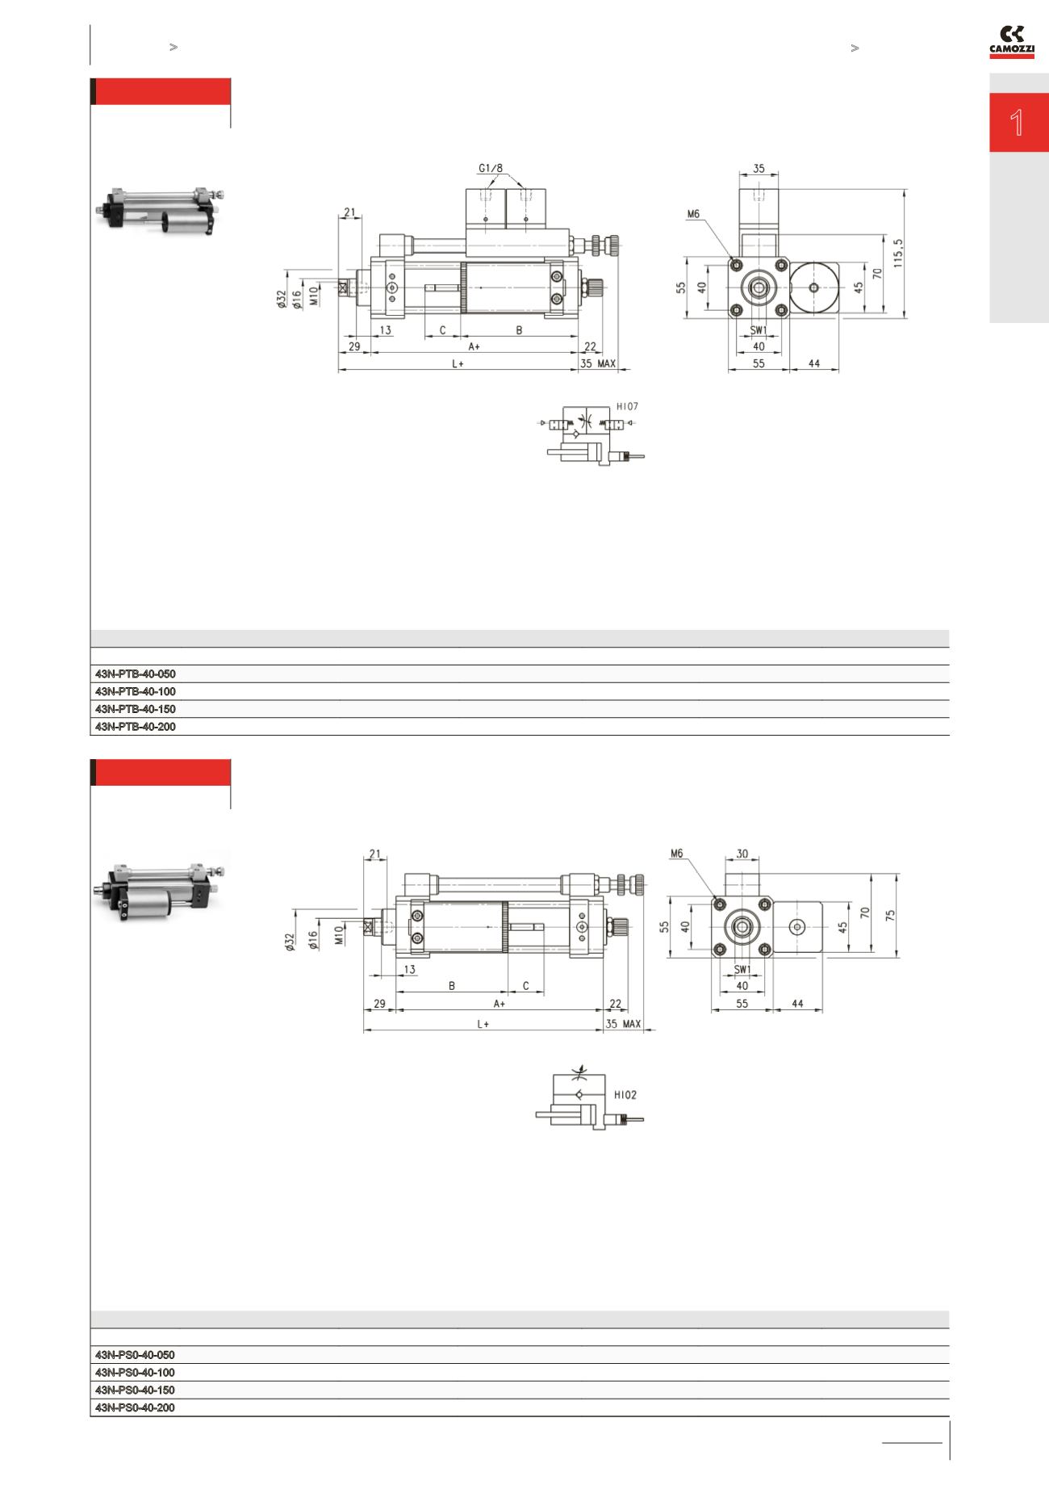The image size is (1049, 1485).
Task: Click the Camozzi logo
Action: (x=1012, y=42)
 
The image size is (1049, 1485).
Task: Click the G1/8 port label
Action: (x=490, y=169)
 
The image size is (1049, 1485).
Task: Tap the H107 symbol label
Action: (x=627, y=407)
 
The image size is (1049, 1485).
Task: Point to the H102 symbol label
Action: (x=625, y=1096)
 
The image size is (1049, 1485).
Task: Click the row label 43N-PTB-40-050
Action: (x=136, y=673)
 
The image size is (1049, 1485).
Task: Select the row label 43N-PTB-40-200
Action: (x=136, y=727)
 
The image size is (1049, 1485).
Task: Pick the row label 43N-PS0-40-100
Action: (x=135, y=1372)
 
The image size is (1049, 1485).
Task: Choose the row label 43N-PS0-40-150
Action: (x=135, y=1390)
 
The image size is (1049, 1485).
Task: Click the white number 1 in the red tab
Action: (x=1017, y=123)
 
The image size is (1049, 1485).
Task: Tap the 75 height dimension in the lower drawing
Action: (x=891, y=915)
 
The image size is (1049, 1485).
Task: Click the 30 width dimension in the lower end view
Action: (x=742, y=854)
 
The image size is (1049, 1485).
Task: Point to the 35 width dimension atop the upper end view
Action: (x=759, y=170)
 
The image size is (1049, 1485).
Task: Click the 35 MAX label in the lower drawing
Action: (x=623, y=1024)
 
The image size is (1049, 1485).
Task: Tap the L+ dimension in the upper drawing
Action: (x=457, y=364)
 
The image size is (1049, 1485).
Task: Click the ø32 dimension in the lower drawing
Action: (x=290, y=942)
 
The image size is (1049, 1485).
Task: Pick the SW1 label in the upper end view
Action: (x=759, y=330)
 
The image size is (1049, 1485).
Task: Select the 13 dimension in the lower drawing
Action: (x=409, y=969)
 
